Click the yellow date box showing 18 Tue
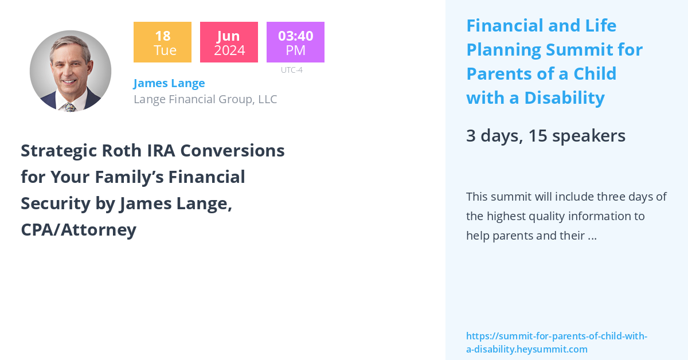(x=162, y=42)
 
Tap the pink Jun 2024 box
(x=229, y=42)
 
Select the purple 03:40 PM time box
(x=295, y=42)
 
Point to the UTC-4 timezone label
(x=291, y=70)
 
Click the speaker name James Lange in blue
(x=169, y=83)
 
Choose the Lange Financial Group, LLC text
(x=205, y=99)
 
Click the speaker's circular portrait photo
(x=71, y=71)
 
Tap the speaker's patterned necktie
(x=70, y=107)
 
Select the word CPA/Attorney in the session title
(x=79, y=230)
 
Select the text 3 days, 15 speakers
(x=545, y=136)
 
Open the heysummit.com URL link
(x=556, y=342)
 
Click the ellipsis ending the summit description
(x=592, y=236)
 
